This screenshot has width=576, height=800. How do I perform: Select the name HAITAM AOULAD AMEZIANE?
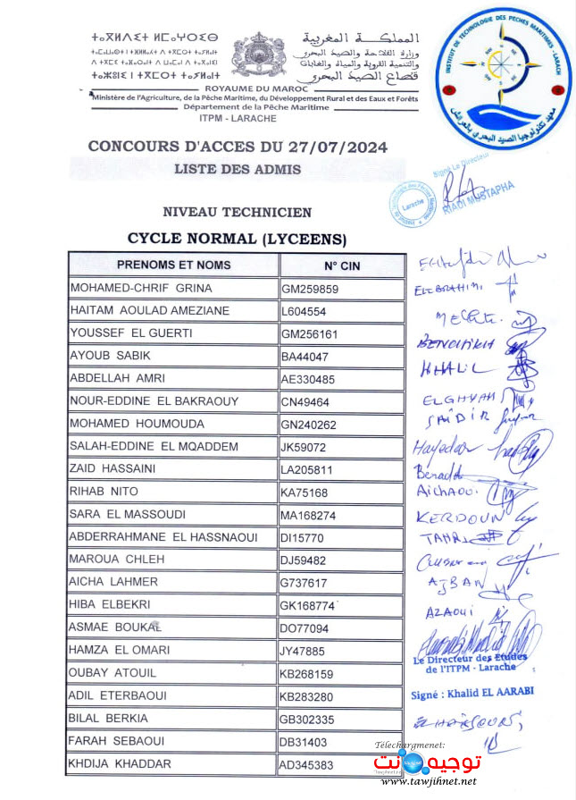tap(150, 311)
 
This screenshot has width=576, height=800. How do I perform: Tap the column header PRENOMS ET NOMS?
tap(173, 265)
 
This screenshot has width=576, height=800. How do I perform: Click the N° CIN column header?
tap(341, 265)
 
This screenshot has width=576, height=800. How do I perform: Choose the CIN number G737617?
tap(306, 583)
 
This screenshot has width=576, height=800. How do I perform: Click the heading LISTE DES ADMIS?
tap(238, 169)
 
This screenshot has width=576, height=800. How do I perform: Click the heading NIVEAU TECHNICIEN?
tap(238, 213)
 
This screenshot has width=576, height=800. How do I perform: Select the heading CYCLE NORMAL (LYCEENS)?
tap(237, 239)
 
